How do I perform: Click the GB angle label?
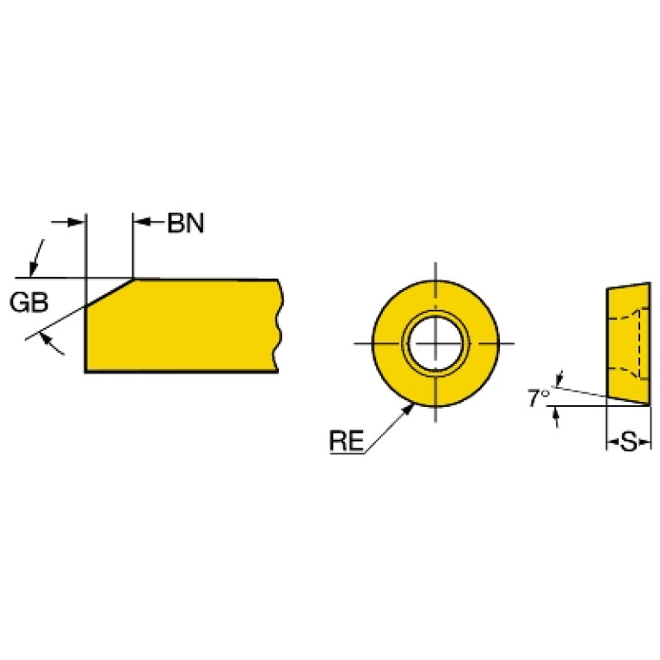click(29, 302)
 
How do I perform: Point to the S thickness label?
click(629, 442)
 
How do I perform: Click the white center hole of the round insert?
click(435, 343)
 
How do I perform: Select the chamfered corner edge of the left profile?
click(109, 293)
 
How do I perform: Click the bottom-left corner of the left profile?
click(86, 371)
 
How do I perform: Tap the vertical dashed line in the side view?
click(641, 343)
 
